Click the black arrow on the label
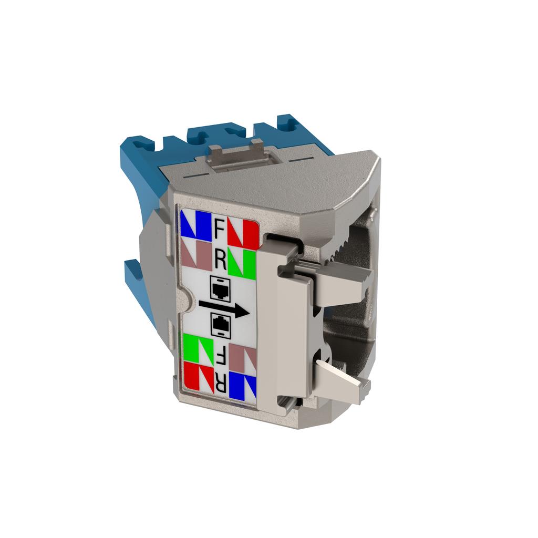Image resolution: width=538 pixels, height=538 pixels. click(224, 308)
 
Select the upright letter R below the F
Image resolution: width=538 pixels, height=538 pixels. click(220, 260)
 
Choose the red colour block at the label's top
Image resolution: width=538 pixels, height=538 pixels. click(244, 234)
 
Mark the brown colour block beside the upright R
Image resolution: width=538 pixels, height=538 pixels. click(195, 254)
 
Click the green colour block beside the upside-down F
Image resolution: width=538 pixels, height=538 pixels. click(198, 347)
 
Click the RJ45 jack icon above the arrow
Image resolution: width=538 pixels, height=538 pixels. click(220, 286)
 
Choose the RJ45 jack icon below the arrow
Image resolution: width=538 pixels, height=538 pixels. click(220, 325)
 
